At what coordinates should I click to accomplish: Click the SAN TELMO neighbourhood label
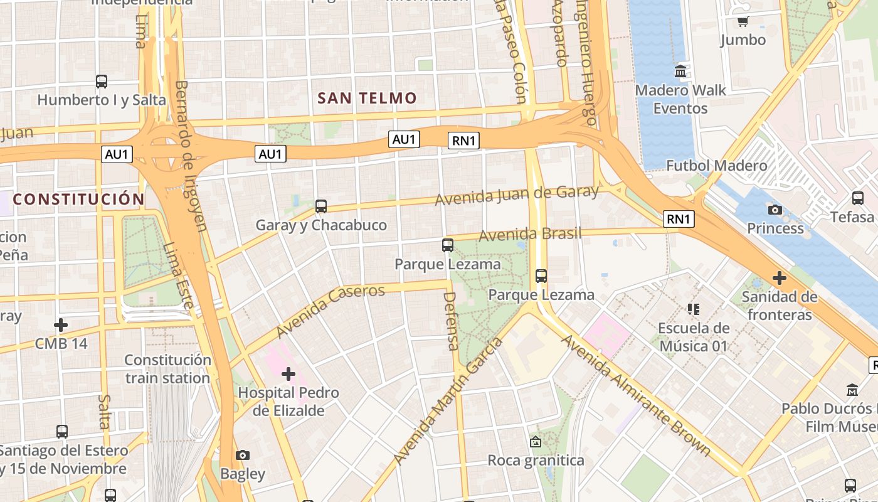tap(367, 98)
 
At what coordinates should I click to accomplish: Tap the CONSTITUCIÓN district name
tap(79, 200)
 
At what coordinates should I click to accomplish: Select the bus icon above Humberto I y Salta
tap(101, 81)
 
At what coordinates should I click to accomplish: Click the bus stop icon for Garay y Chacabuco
tap(321, 206)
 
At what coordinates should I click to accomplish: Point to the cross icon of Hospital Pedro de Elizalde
tap(288, 375)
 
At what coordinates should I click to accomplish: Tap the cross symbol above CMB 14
tap(61, 325)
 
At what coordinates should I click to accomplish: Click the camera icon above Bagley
tap(243, 455)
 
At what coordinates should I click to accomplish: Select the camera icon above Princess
tap(775, 210)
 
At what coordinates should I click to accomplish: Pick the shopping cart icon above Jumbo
tap(743, 21)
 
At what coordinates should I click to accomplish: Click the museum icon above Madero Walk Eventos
tap(680, 72)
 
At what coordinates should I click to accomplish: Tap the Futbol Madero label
tap(716, 166)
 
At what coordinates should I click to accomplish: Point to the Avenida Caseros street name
tap(331, 311)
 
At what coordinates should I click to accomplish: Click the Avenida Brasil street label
tap(530, 235)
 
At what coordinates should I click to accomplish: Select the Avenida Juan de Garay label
tap(517, 195)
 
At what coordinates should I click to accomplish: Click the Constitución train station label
tap(167, 369)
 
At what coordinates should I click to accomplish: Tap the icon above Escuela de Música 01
tap(693, 309)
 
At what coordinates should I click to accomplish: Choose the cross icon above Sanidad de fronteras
tap(780, 277)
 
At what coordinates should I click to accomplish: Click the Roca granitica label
tap(536, 461)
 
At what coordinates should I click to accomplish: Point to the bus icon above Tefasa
tap(858, 198)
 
